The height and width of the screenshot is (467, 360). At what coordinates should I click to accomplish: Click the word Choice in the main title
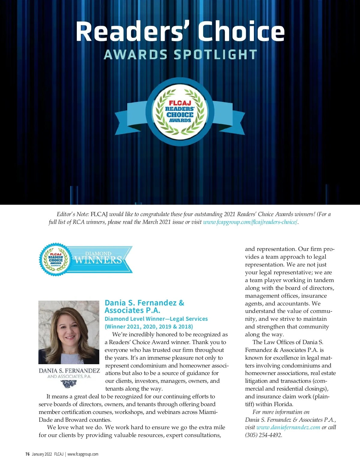click(241, 31)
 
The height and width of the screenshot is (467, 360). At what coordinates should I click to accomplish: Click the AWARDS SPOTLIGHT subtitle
click(180, 55)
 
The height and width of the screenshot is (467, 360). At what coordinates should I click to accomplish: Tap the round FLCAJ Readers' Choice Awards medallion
click(180, 112)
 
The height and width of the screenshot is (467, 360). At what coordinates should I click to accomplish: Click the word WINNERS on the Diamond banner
click(98, 260)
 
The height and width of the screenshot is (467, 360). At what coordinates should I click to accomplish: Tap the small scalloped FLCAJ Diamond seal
click(55, 260)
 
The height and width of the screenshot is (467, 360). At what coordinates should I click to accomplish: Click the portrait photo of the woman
click(69, 332)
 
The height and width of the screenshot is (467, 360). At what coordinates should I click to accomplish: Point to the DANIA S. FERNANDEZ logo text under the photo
click(69, 371)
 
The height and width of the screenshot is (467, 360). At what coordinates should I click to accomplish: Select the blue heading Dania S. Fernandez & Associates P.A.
click(144, 306)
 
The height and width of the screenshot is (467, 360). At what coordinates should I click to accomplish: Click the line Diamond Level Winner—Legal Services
click(156, 319)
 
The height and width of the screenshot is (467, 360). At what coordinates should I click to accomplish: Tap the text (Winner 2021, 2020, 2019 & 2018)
click(149, 327)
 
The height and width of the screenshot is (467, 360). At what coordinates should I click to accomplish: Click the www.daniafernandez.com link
click(288, 427)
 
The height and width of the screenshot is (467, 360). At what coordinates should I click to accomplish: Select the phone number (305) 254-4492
click(263, 435)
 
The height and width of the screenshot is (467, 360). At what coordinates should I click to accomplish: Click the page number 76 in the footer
click(28, 454)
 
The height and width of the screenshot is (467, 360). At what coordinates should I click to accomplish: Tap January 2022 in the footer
click(42, 454)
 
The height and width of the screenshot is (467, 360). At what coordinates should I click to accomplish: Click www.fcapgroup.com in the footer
click(83, 454)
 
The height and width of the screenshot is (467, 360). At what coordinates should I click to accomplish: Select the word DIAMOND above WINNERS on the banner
click(98, 254)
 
